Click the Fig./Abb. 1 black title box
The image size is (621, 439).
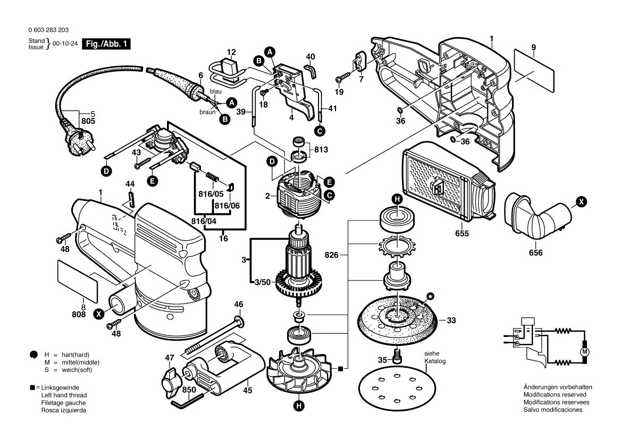[x=105, y=44]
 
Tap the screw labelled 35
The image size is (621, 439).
[x=397, y=356]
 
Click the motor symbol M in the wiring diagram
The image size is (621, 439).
[x=585, y=352]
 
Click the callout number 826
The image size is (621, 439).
[x=332, y=255]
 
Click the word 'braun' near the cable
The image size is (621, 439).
[x=207, y=112]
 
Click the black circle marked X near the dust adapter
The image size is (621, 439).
[x=582, y=201]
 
